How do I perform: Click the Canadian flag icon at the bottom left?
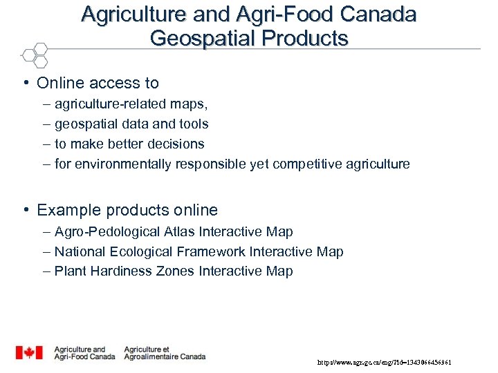[x=29, y=353]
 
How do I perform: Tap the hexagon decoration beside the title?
[x=35, y=55]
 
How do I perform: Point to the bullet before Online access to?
[x=25, y=84]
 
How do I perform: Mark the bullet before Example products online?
[x=25, y=210]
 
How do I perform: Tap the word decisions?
[x=176, y=144]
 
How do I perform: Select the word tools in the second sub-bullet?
[x=193, y=124]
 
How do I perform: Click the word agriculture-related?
[x=108, y=104]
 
